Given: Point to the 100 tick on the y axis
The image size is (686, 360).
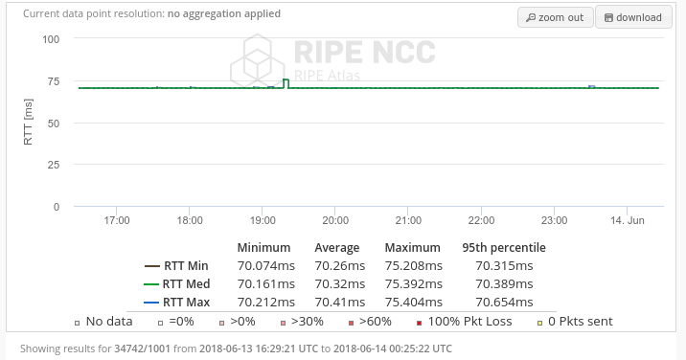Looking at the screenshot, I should (52, 39).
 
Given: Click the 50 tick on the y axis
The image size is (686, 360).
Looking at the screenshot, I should (55, 123).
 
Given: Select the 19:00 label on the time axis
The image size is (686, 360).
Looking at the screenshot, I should (263, 220).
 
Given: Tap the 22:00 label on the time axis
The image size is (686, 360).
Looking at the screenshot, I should (481, 220).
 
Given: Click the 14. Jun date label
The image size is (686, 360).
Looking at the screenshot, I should (629, 220).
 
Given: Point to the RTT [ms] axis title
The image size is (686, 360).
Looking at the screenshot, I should (29, 124).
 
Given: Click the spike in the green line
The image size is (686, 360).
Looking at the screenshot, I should (286, 81).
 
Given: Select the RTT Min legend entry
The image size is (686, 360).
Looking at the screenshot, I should (176, 266).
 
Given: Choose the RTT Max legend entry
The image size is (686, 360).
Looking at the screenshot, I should (176, 303).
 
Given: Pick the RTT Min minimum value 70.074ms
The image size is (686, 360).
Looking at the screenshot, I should (265, 266).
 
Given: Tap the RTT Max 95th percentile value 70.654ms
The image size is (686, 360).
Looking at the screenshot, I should (504, 303).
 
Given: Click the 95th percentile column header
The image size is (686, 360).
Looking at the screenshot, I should (504, 248).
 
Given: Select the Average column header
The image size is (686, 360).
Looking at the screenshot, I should (337, 248).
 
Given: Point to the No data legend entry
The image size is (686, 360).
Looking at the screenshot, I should (104, 322).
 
